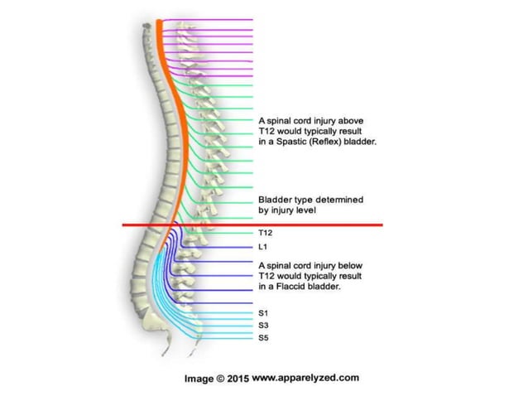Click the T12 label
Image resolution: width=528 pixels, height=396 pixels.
click(x=266, y=234)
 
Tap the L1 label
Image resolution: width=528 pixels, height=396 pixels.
click(x=264, y=248)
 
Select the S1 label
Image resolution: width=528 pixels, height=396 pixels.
click(x=264, y=314)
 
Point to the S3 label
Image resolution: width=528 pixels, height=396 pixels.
click(x=264, y=326)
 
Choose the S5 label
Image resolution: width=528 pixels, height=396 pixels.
click(x=264, y=338)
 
